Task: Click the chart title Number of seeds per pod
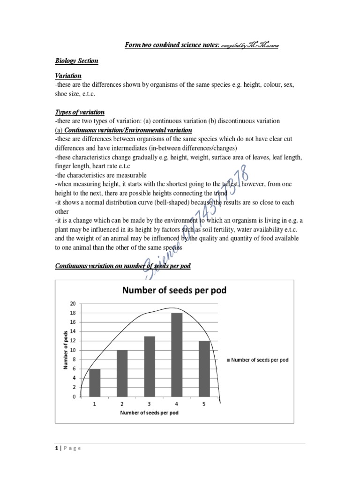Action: point(174,290)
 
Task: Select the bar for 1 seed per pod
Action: point(94,382)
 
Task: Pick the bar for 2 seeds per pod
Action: point(122,373)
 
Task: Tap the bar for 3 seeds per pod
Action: point(149,366)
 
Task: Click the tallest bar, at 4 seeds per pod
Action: point(177,355)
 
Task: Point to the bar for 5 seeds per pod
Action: point(204,368)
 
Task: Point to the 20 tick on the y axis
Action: point(73,304)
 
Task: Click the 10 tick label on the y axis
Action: point(73,350)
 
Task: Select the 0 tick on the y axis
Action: point(74,397)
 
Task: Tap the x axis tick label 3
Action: point(149,404)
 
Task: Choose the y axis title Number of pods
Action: point(66,350)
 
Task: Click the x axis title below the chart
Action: point(149,413)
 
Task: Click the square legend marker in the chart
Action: point(228,360)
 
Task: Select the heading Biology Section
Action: point(76,61)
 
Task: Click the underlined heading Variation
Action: point(68,75)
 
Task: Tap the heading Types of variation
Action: point(80,112)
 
